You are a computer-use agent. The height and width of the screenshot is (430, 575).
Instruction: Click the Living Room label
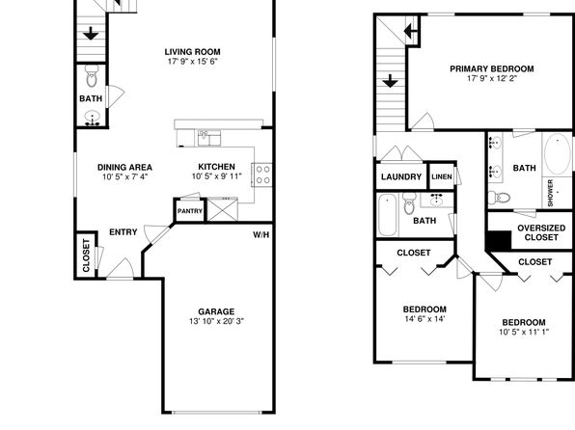pos(193,52)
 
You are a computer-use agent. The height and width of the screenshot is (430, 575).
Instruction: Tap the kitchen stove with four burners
pos(262,175)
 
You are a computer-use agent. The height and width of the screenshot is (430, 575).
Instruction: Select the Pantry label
pos(190,211)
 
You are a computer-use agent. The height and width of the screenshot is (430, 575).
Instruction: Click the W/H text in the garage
pos(261,234)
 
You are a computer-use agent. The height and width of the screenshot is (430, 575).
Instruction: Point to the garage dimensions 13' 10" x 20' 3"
pos(216,321)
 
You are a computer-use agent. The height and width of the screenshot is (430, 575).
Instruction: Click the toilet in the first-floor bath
pos(92,75)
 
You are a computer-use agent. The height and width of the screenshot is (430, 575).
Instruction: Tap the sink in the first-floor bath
pos(92,118)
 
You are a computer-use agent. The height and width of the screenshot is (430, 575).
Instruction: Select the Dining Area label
pos(124,168)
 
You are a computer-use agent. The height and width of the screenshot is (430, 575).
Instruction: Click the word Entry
pos(123,232)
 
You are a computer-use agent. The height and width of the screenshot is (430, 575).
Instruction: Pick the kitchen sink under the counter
pos(209,138)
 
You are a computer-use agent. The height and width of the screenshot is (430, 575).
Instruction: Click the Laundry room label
pos(401,177)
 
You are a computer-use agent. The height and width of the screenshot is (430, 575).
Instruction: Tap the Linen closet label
pos(442,176)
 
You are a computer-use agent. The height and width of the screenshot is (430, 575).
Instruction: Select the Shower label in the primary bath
pos(550,193)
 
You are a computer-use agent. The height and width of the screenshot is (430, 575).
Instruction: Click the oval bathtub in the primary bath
pos(557,154)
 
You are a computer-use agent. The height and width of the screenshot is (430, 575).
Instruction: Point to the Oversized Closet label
pos(541,232)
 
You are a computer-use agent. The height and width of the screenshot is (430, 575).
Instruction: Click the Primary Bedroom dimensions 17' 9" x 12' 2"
pos(492,78)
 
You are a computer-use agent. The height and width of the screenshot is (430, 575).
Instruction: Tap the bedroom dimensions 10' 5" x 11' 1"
pos(524,332)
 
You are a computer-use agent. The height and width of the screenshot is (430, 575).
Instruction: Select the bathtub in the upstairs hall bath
pos(387,215)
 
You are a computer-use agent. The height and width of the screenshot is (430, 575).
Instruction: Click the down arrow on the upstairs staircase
pos(390,81)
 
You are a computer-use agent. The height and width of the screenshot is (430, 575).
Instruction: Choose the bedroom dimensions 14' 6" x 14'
pos(424,319)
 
